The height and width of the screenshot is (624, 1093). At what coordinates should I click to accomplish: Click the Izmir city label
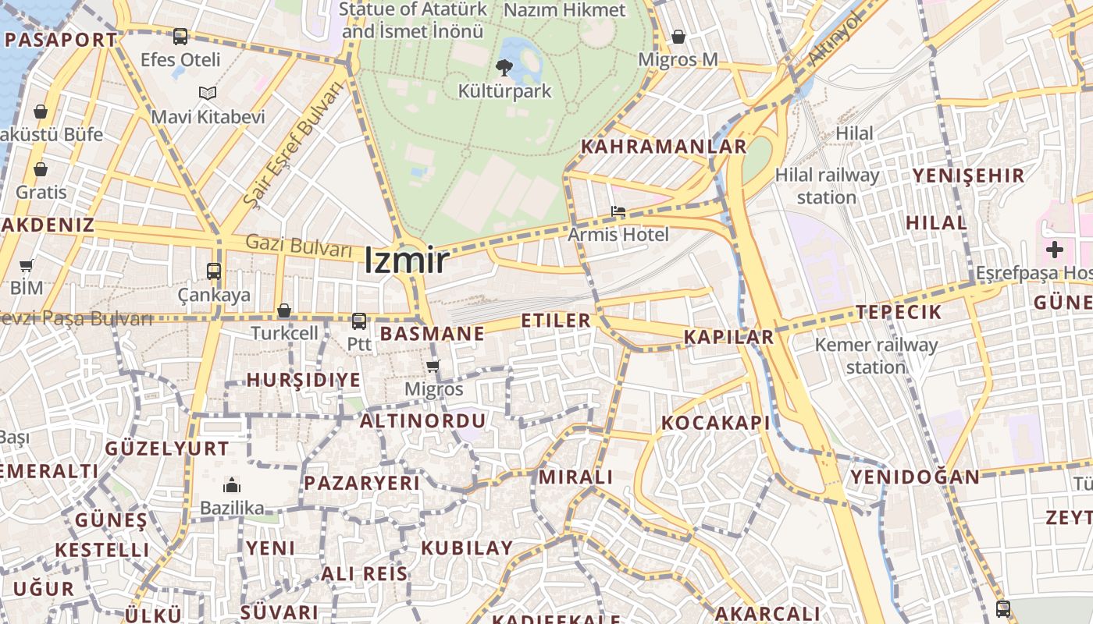(x=406, y=261)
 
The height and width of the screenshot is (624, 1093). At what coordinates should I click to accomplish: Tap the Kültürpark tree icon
(x=504, y=68)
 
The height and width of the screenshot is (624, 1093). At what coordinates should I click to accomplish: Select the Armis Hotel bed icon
(x=618, y=211)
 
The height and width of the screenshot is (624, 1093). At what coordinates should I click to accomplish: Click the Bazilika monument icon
(x=232, y=485)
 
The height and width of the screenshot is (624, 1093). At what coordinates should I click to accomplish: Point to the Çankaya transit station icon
(x=213, y=271)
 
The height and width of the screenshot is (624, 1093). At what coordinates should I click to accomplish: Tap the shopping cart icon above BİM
(x=26, y=266)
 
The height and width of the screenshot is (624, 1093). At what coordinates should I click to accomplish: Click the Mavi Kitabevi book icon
(x=207, y=94)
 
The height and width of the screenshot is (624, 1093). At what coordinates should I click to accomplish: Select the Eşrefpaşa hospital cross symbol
(x=1055, y=250)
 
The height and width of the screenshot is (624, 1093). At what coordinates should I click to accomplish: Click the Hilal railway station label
(x=827, y=186)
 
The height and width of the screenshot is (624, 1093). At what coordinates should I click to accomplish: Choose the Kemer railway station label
(x=876, y=355)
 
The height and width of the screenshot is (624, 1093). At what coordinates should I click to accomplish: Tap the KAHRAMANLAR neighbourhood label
(x=664, y=147)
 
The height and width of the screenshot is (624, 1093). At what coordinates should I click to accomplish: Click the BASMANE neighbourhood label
(x=432, y=334)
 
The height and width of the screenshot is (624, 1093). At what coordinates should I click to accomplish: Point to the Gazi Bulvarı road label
(x=299, y=246)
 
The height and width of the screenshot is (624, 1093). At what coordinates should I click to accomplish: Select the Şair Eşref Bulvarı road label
(x=293, y=145)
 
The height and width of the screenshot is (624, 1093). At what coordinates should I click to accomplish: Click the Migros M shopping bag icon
(x=678, y=37)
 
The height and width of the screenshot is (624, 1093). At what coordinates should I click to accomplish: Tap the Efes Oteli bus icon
(x=180, y=36)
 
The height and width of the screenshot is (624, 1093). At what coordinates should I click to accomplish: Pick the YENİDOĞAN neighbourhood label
(x=914, y=477)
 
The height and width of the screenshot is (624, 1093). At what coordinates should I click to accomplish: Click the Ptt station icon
(x=359, y=321)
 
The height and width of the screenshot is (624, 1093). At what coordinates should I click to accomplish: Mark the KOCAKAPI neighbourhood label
(x=715, y=423)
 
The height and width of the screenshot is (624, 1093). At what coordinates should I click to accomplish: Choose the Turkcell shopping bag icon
(x=284, y=310)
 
